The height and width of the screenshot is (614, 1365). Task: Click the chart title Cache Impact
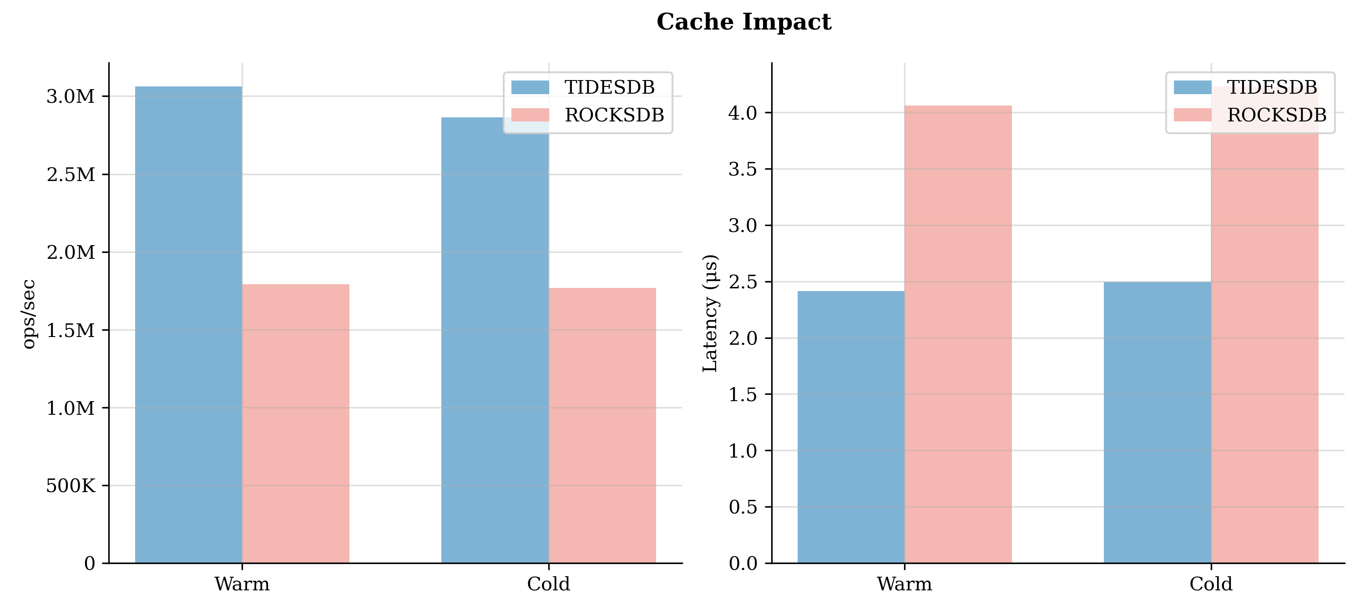743,22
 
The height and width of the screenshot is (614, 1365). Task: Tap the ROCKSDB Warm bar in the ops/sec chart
296,423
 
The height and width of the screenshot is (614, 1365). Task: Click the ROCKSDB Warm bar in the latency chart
958,334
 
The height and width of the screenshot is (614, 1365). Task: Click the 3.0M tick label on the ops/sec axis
71,96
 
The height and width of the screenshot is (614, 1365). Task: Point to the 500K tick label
71,485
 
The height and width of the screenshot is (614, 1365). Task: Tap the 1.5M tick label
71,330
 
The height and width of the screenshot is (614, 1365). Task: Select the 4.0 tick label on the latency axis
743,113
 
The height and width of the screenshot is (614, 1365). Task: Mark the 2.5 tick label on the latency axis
743,282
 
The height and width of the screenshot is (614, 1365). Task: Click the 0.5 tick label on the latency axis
743,507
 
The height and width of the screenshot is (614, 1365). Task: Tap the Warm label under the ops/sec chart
242,584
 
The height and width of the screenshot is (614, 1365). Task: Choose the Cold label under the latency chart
1211,584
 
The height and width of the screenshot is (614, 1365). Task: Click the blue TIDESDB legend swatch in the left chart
530,87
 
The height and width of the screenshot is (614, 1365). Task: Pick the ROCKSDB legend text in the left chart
614,115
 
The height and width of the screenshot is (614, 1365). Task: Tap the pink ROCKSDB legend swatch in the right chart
1192,115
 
